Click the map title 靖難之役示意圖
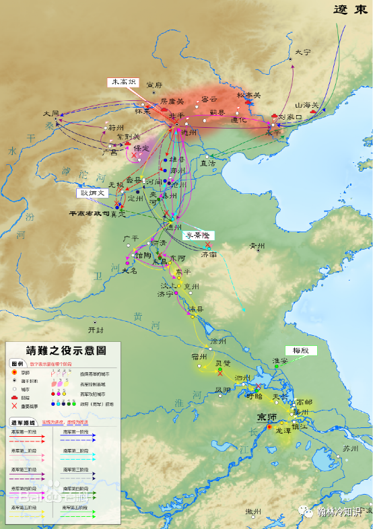point(65,350)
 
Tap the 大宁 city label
point(303,52)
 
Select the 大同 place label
point(51,114)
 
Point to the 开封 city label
point(97,330)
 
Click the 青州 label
point(257,246)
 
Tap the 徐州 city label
point(218,341)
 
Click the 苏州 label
point(349,448)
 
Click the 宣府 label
point(155,85)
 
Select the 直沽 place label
point(208,163)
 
